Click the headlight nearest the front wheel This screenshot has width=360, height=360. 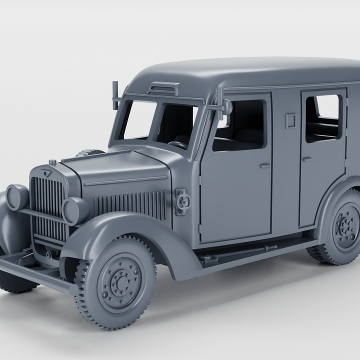(x=75, y=210)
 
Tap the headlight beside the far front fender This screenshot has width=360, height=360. (x=17, y=196)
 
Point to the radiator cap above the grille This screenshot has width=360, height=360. (x=52, y=162)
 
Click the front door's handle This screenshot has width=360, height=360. (x=264, y=165)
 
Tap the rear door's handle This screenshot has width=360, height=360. (x=307, y=159)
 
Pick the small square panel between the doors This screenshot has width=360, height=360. (x=290, y=120)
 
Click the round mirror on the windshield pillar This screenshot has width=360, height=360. (x=227, y=106)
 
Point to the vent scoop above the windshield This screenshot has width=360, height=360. (x=163, y=88)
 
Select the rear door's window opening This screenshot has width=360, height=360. (x=323, y=118)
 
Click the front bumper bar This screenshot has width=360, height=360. (x=35, y=275)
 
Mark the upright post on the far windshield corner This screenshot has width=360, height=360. (x=115, y=95)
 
